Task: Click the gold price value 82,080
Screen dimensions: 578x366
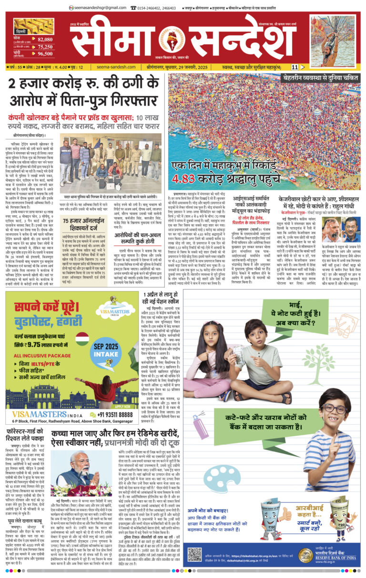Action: pyautogui.click(x=45, y=39)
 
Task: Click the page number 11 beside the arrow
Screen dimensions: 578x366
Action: pyautogui.click(x=295, y=67)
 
